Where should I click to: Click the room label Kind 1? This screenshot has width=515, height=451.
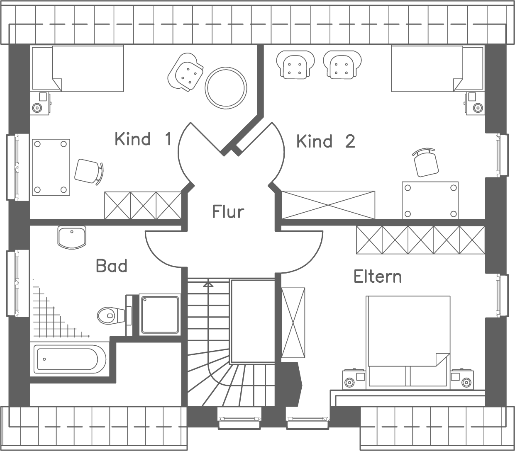pyautogui.click(x=143, y=139)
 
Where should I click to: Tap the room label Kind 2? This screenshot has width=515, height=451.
pyautogui.click(x=326, y=141)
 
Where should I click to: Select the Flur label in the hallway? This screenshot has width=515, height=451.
pyautogui.click(x=228, y=211)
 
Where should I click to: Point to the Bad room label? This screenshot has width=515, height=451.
pyautogui.click(x=111, y=266)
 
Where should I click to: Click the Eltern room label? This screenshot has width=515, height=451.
pyautogui.click(x=378, y=276)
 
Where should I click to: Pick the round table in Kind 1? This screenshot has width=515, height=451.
pyautogui.click(x=226, y=88)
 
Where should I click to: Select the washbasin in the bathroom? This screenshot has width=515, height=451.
pyautogui.click(x=71, y=237)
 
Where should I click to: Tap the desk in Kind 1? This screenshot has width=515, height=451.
pyautogui.click(x=51, y=167)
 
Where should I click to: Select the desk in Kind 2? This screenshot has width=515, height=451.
pyautogui.click(x=430, y=200)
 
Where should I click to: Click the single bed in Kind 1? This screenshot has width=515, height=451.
pyautogui.click(x=78, y=68)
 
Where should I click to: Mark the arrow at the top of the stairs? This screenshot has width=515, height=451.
pyautogui.click(x=208, y=284)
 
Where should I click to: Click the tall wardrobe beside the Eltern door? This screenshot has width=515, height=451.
pyautogui.click(x=293, y=322)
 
